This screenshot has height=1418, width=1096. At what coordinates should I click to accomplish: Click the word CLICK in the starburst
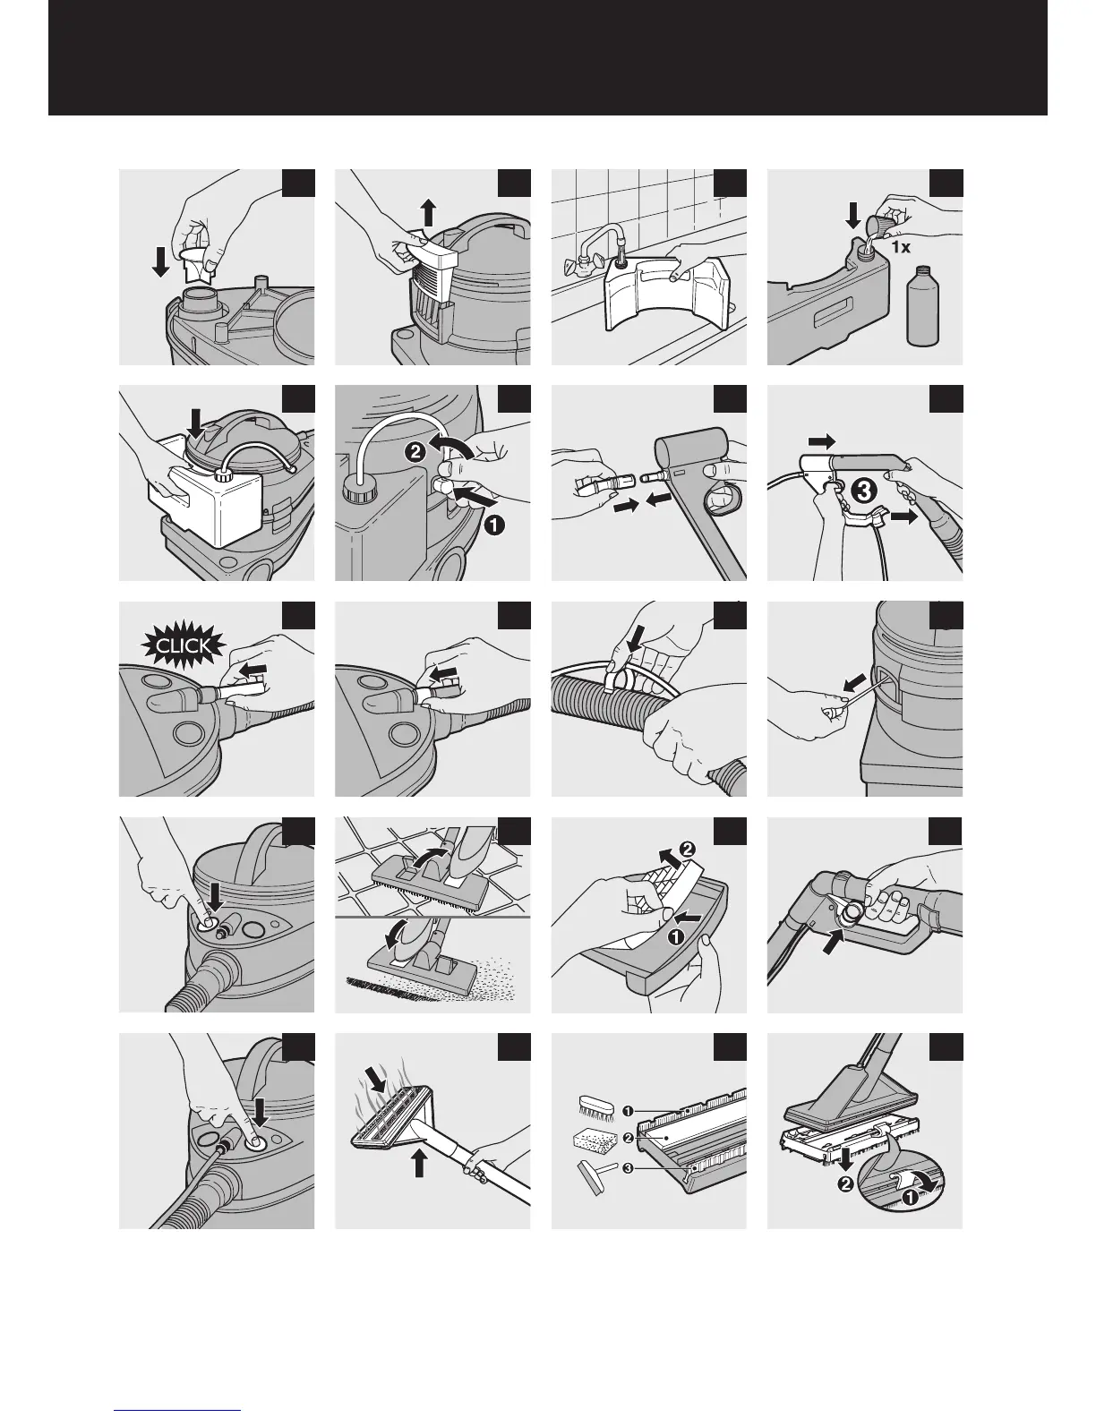click(x=183, y=645)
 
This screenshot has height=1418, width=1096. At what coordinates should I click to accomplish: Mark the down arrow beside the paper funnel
click(x=160, y=262)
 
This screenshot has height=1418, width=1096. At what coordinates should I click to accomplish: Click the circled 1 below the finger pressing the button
click(x=492, y=527)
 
